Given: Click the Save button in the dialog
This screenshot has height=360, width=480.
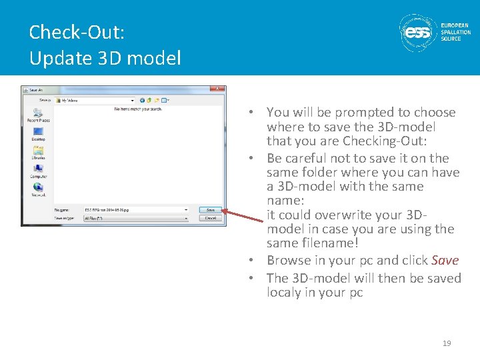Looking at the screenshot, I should click(x=210, y=210).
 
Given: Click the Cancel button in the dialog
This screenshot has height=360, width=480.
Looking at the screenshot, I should click(x=210, y=218).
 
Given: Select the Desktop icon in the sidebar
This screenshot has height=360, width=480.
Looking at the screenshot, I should click(x=38, y=133).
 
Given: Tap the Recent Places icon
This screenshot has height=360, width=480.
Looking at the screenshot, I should click(x=38, y=113).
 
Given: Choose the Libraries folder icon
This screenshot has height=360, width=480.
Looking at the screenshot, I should click(x=38, y=151).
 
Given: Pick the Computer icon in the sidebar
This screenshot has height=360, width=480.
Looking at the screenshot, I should click(x=38, y=169).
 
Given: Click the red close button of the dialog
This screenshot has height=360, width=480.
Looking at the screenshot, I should click(x=217, y=89).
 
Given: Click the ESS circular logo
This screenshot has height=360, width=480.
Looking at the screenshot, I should click(x=417, y=31).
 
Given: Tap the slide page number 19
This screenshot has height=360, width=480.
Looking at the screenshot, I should click(x=447, y=343).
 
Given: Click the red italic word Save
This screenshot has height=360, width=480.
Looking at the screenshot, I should click(x=445, y=261).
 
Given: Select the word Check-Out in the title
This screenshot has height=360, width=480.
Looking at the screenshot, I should click(x=77, y=32).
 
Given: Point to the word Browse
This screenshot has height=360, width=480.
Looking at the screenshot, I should click(x=287, y=261).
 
